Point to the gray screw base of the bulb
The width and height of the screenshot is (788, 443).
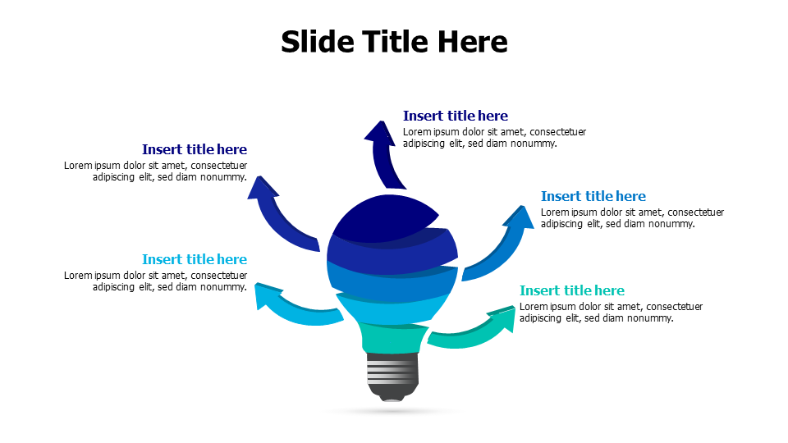pos(392,373)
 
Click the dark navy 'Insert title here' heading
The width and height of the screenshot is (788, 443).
pos(456,116)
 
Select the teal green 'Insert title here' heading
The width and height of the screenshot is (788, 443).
pos(572,290)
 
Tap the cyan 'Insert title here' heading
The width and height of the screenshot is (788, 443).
pos(195,259)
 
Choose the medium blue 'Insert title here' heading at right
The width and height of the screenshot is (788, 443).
pos(593,196)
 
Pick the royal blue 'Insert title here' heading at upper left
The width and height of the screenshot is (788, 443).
pos(195,149)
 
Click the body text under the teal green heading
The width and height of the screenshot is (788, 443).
pos(611,313)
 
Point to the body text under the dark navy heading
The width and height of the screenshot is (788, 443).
pos(494,138)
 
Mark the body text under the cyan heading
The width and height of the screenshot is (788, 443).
pos(156,281)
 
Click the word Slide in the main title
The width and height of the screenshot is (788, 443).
pos(316,41)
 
